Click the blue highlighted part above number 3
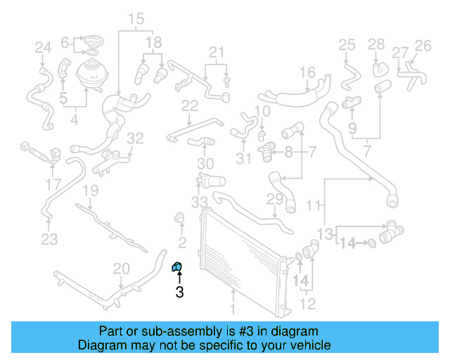click(178, 266)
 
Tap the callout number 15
click(136, 18)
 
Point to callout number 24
click(44, 48)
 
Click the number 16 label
click(307, 72)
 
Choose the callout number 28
click(377, 45)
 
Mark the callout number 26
click(423, 46)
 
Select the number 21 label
click(216, 51)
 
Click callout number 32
click(135, 138)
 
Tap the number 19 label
click(91, 190)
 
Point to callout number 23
click(49, 240)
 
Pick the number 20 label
click(122, 268)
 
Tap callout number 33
click(200, 202)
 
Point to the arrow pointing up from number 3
click(179, 278)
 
